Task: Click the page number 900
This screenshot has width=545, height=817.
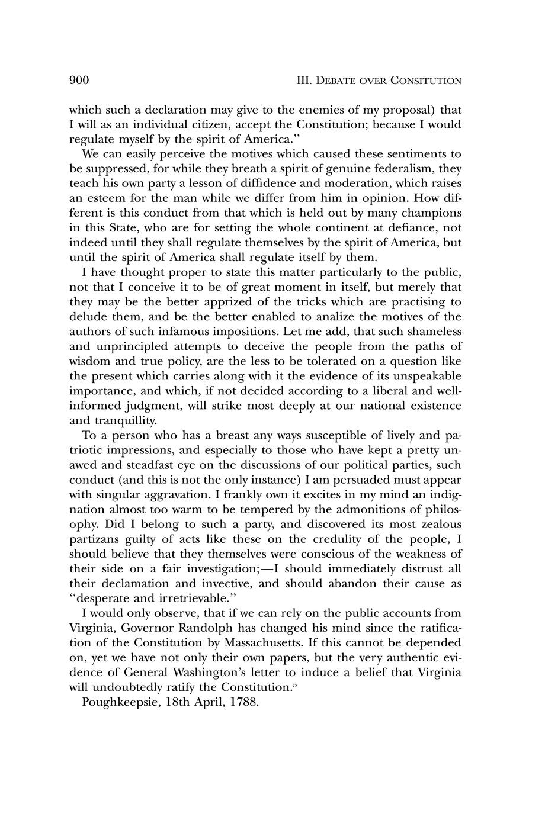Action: point(79,80)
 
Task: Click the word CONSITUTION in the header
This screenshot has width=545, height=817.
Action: point(426,81)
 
